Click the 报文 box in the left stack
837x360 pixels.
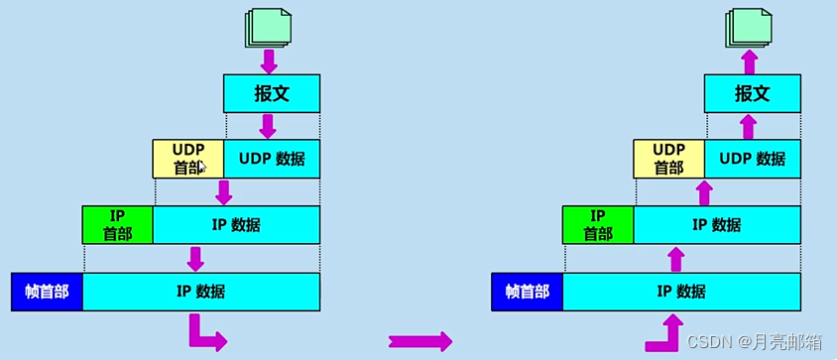[x=272, y=93]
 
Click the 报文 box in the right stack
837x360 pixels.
[x=752, y=93]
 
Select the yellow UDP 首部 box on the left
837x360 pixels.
[x=188, y=159]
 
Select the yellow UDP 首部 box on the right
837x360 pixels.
[x=668, y=159]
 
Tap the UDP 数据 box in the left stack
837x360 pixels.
[x=272, y=159]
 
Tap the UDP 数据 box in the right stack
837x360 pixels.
[x=752, y=159]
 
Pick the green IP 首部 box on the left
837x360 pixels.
[x=118, y=225]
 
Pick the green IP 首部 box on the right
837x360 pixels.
[x=598, y=225]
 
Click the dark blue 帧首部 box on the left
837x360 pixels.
[x=47, y=292]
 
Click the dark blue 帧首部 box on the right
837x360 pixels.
[x=527, y=292]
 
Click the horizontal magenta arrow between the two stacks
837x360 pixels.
[x=419, y=341]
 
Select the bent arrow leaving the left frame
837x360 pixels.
[x=203, y=333]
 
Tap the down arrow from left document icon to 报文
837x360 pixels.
[x=269, y=61]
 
